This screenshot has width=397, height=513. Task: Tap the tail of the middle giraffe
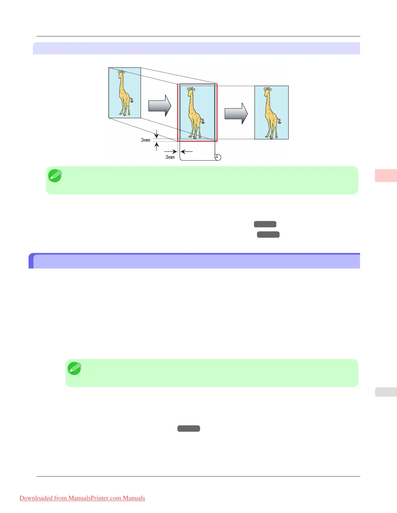click(203, 121)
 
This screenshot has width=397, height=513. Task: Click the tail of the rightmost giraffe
click(279, 122)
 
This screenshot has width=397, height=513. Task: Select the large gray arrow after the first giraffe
click(160, 106)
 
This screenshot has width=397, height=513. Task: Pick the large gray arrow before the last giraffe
click(236, 113)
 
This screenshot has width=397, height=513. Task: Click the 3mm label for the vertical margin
click(145, 140)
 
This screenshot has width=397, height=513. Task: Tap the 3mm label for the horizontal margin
click(170, 157)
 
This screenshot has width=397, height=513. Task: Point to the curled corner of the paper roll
click(218, 157)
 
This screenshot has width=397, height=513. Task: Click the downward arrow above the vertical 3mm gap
click(156, 134)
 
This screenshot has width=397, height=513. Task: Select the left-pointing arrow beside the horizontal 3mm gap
click(187, 151)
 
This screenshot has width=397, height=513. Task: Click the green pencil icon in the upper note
click(55, 176)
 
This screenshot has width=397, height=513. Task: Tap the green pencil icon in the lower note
click(74, 368)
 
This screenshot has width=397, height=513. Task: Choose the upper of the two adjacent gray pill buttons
click(265, 224)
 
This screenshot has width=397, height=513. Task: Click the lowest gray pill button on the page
click(188, 428)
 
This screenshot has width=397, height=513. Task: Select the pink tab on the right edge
click(386, 175)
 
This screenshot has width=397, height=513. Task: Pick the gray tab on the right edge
click(386, 392)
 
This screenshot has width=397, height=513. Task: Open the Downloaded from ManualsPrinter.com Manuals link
click(82, 498)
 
